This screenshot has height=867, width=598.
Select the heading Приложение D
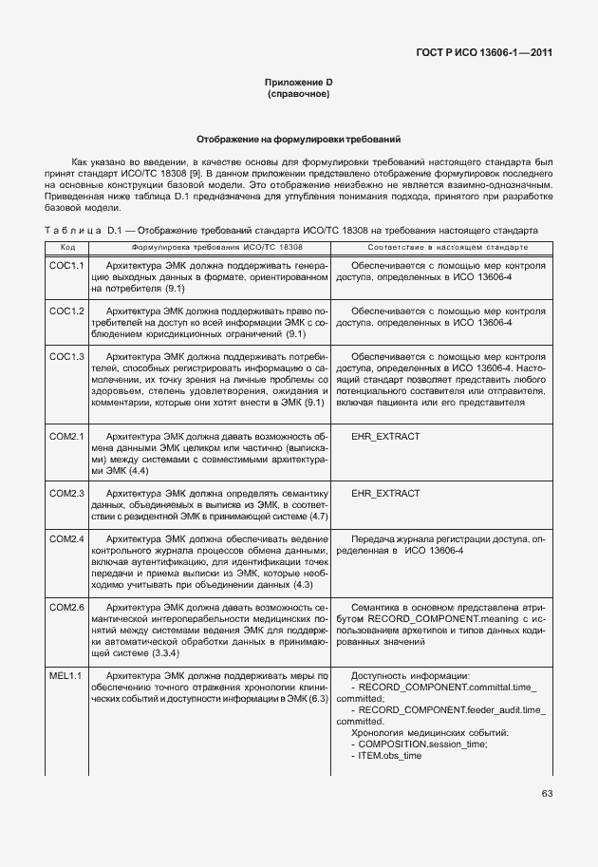click(x=298, y=84)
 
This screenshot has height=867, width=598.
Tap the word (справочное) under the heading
click(x=298, y=96)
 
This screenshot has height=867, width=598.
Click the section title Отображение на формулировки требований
click(x=298, y=139)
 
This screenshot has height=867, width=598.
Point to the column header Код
click(x=65, y=247)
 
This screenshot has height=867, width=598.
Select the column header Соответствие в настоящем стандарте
click(x=439, y=247)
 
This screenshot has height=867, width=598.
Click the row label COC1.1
click(x=66, y=267)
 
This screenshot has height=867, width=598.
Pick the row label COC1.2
click(x=66, y=311)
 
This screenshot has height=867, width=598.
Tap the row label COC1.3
click(x=66, y=356)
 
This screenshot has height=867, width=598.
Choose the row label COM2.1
click(x=66, y=436)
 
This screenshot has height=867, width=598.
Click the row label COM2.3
click(x=66, y=494)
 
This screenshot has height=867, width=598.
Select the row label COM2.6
click(x=66, y=607)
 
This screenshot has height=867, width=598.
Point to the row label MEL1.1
click(x=66, y=675)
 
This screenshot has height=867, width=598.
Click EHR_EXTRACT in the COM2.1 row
click(x=385, y=436)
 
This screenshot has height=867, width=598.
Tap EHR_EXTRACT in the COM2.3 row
click(x=385, y=494)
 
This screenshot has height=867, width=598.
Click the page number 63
click(x=547, y=793)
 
